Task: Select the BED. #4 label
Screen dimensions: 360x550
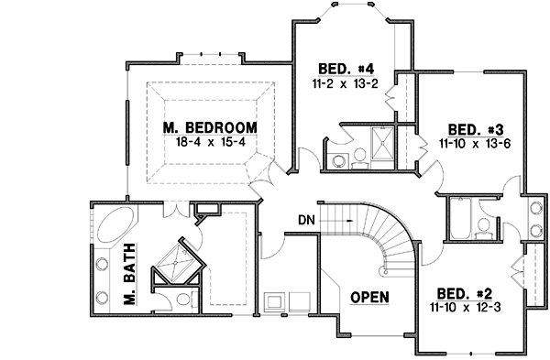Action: click(345, 69)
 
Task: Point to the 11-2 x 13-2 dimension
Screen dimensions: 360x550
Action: click(345, 83)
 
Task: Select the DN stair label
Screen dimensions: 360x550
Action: click(307, 220)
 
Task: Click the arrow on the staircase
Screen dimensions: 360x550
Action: click(350, 221)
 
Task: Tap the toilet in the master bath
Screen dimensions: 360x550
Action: click(181, 297)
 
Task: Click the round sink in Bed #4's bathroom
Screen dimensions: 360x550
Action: click(337, 162)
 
